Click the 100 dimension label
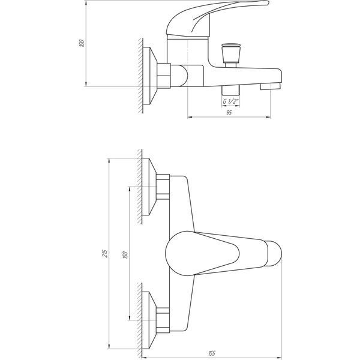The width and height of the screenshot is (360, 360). pyautogui.click(x=82, y=43)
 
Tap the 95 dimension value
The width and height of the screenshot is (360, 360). pyautogui.click(x=229, y=113)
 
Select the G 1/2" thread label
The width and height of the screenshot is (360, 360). pyautogui.click(x=231, y=101)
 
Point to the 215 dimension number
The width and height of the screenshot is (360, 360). pyautogui.click(x=105, y=253)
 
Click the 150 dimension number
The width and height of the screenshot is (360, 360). pyautogui.click(x=125, y=255)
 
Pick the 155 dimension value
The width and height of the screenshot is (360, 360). pyautogui.click(x=211, y=353)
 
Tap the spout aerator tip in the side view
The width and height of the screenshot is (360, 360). pyautogui.click(x=270, y=86)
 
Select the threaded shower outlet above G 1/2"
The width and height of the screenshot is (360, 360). pyautogui.click(x=231, y=90)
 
